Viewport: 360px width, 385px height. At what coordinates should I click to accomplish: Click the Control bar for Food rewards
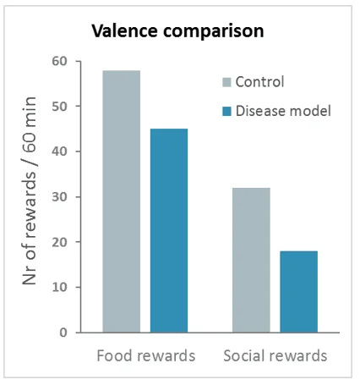click(x=122, y=201)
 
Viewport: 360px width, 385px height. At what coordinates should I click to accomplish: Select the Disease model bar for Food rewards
click(x=169, y=230)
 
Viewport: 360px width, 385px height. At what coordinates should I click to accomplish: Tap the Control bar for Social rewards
click(x=251, y=260)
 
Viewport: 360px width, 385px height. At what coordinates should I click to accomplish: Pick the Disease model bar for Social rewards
click(x=299, y=292)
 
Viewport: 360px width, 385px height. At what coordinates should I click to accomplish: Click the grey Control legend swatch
click(x=226, y=82)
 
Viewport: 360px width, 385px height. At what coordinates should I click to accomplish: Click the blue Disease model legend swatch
click(x=226, y=111)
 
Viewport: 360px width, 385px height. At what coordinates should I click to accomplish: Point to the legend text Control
click(x=259, y=82)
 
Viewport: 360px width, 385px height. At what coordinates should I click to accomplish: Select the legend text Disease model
click(x=283, y=111)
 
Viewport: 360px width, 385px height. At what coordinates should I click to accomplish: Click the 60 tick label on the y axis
click(x=59, y=61)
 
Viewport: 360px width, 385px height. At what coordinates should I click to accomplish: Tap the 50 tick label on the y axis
click(x=59, y=107)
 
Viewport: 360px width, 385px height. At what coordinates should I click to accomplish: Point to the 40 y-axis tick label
click(x=59, y=151)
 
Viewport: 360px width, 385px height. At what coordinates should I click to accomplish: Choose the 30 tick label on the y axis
click(x=59, y=197)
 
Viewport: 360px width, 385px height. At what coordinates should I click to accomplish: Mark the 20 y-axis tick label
click(x=59, y=242)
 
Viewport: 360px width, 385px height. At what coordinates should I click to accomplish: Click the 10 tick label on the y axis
click(x=59, y=288)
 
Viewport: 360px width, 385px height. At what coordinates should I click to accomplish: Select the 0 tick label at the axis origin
click(x=63, y=333)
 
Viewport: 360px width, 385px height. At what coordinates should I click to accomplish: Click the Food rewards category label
click(x=146, y=355)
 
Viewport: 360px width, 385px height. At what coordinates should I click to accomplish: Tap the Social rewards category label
click(x=275, y=355)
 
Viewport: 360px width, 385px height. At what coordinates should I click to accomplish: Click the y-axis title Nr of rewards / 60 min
click(x=29, y=191)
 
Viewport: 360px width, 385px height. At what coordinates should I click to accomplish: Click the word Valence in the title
click(x=125, y=30)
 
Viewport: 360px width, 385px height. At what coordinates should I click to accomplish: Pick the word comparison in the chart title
click(x=214, y=31)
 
